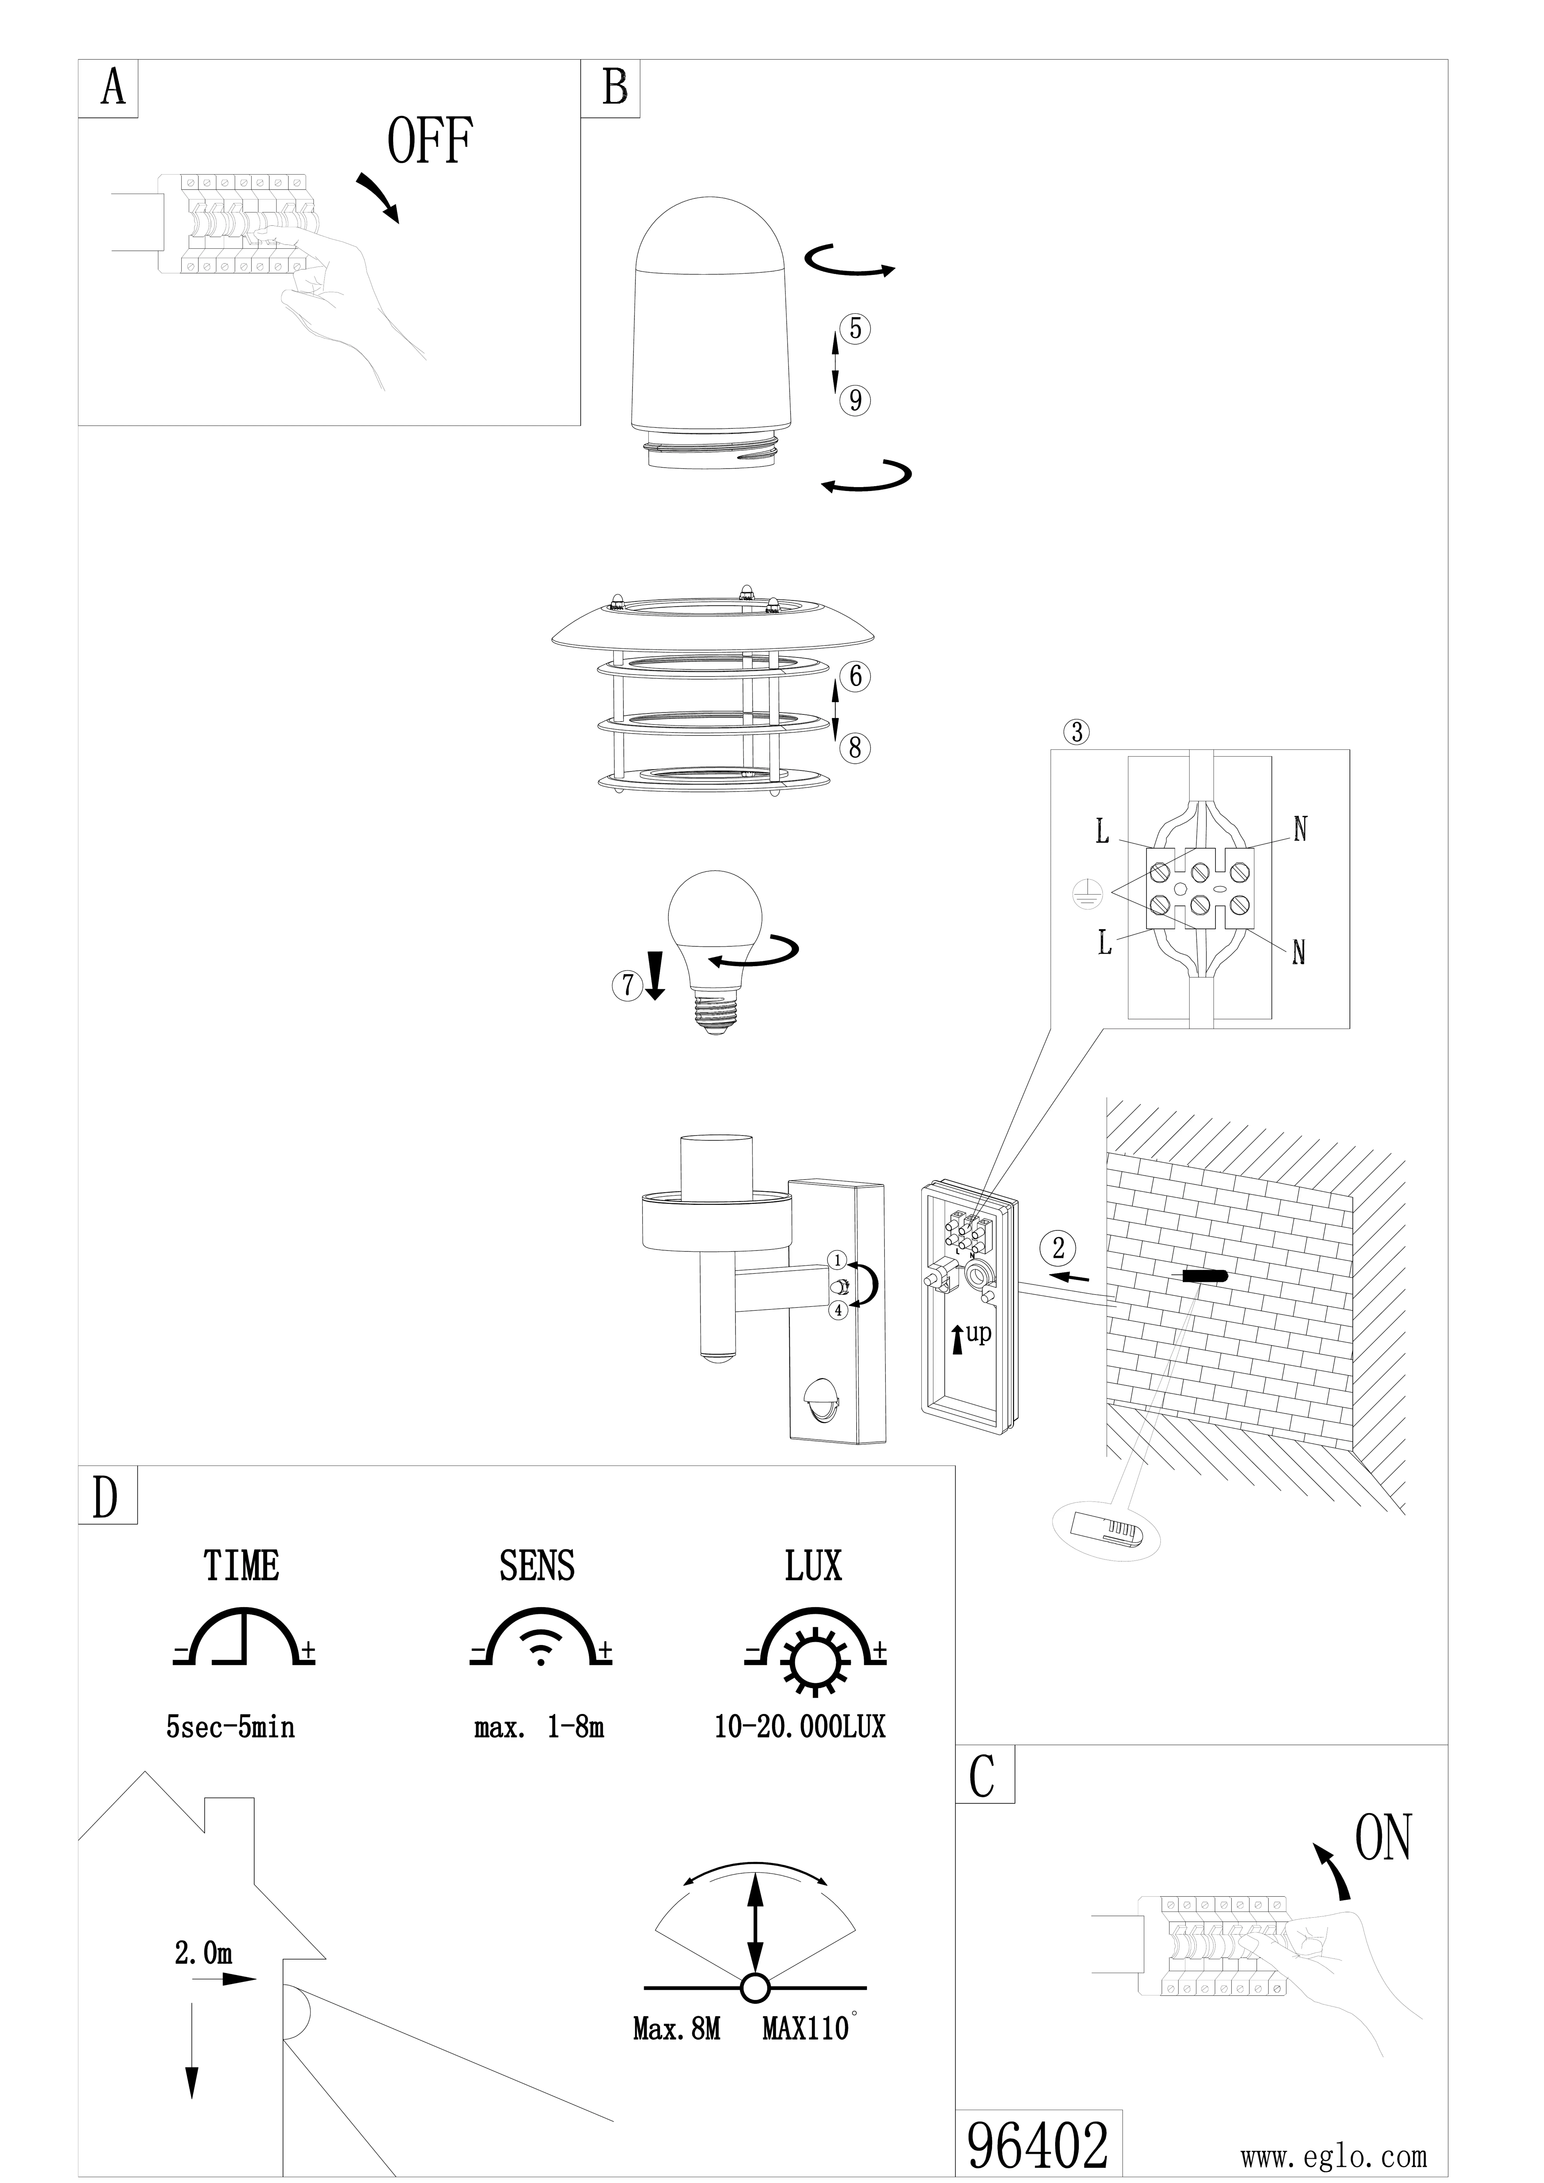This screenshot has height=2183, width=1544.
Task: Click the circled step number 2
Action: (x=1058, y=1247)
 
